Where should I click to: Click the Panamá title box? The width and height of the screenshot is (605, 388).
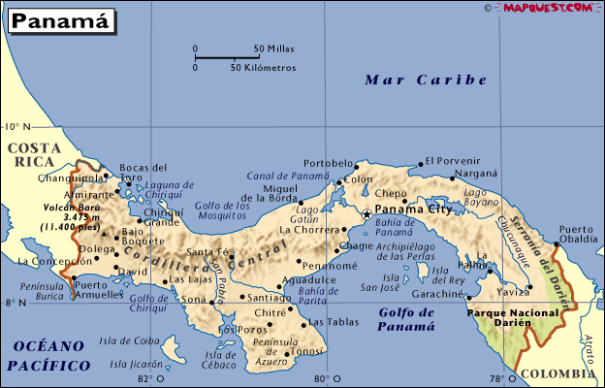[56, 19]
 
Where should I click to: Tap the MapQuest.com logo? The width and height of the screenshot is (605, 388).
[546, 8]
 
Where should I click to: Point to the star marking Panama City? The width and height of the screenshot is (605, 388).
[366, 213]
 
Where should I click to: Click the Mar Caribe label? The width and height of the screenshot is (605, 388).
[426, 81]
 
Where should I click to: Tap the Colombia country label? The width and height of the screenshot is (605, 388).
[558, 372]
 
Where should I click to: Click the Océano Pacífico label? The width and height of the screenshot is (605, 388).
[48, 356]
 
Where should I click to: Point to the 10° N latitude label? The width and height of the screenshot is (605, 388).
[17, 127]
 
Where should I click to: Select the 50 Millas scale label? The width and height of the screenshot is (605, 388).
[274, 48]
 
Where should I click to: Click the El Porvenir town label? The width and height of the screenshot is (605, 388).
[453, 161]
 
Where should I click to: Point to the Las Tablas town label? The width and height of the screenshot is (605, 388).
[327, 322]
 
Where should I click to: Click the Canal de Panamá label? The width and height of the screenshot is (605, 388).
[287, 175]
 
